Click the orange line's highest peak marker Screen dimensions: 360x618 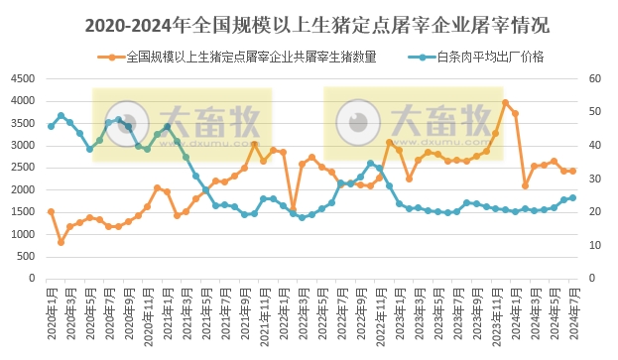[x=506, y=102]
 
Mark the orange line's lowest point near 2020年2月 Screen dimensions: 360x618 [x=61, y=242]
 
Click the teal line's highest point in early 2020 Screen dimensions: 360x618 [x=61, y=115]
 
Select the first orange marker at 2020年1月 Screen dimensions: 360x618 [x=51, y=211]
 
